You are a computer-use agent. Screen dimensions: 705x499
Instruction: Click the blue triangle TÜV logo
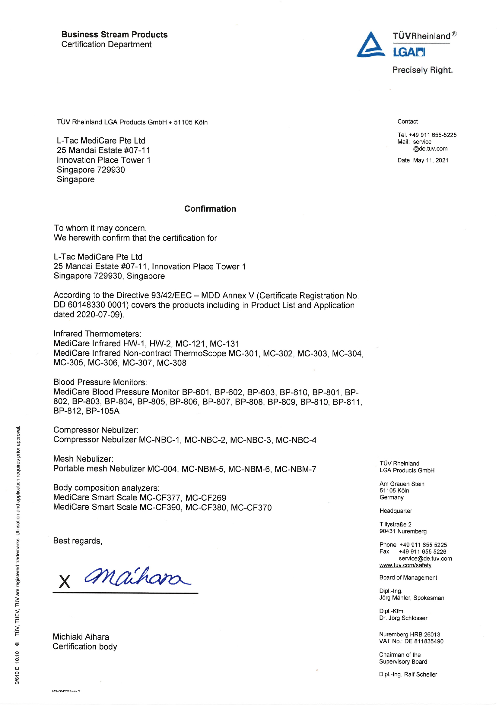point(370,45)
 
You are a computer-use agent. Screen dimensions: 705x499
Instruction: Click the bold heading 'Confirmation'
point(210,209)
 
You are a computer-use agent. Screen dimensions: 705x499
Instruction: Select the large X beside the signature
point(65,581)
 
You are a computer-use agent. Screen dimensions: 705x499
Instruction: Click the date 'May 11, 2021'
point(431,160)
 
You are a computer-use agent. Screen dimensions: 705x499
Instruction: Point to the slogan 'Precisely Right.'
point(422,70)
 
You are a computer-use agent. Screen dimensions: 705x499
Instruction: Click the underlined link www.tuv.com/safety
point(405,565)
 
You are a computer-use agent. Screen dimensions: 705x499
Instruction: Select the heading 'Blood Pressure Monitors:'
point(100,382)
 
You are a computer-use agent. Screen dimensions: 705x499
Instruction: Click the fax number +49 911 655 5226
point(422,552)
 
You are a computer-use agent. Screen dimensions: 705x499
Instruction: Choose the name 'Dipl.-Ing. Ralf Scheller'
point(408,674)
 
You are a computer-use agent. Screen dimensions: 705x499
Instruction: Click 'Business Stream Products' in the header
point(114,34)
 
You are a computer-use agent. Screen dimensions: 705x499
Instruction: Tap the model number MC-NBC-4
point(296,440)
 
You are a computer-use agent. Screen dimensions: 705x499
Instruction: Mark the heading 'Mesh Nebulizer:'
point(83,459)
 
